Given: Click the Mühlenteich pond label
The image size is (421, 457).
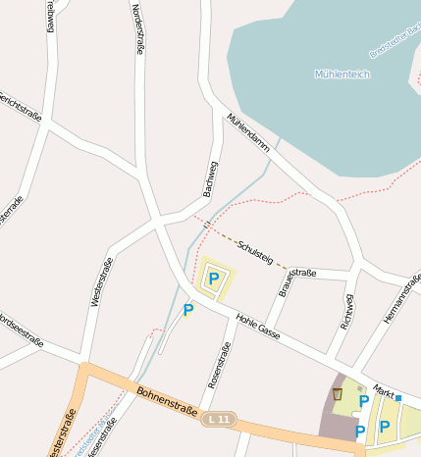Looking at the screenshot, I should point(341,75).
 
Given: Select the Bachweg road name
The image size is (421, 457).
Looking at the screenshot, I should point(209,179).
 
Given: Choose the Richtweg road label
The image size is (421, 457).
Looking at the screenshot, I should point(345,311).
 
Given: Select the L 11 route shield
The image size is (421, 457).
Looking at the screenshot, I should point(221,419).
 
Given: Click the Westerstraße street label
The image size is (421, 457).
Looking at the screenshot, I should point(101,281).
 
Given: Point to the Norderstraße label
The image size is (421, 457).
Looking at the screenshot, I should point(137,29).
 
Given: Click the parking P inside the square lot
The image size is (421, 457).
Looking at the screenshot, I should point(213,279).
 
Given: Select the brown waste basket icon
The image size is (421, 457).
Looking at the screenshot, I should point(338,393).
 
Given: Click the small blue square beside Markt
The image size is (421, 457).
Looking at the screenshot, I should point(398,398).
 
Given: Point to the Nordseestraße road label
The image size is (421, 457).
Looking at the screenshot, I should point(20,330).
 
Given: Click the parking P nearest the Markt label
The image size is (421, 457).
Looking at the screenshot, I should point(364,401).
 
